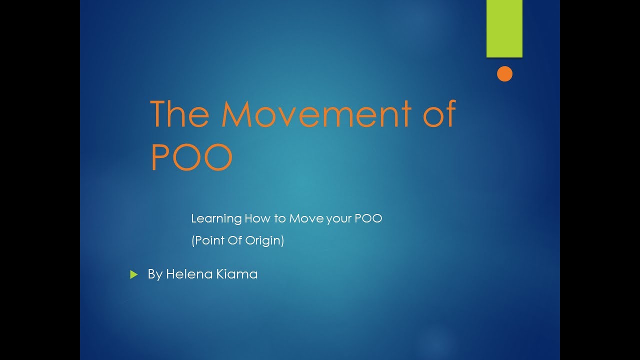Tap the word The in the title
click(179, 114)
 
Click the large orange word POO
click(192, 157)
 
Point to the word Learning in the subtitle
click(216, 219)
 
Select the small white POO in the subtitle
click(368, 218)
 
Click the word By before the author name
click(155, 274)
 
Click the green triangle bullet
click(133, 274)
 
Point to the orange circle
click(504, 74)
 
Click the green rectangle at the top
click(504, 28)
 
